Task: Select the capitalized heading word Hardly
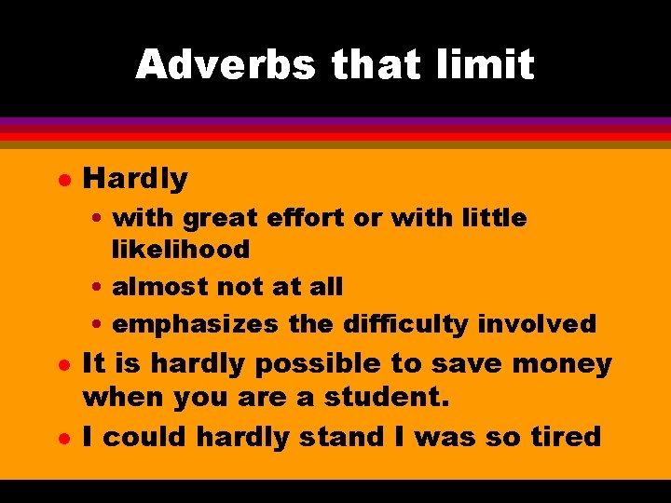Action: (x=135, y=178)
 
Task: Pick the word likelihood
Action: (x=181, y=250)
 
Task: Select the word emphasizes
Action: (x=195, y=324)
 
